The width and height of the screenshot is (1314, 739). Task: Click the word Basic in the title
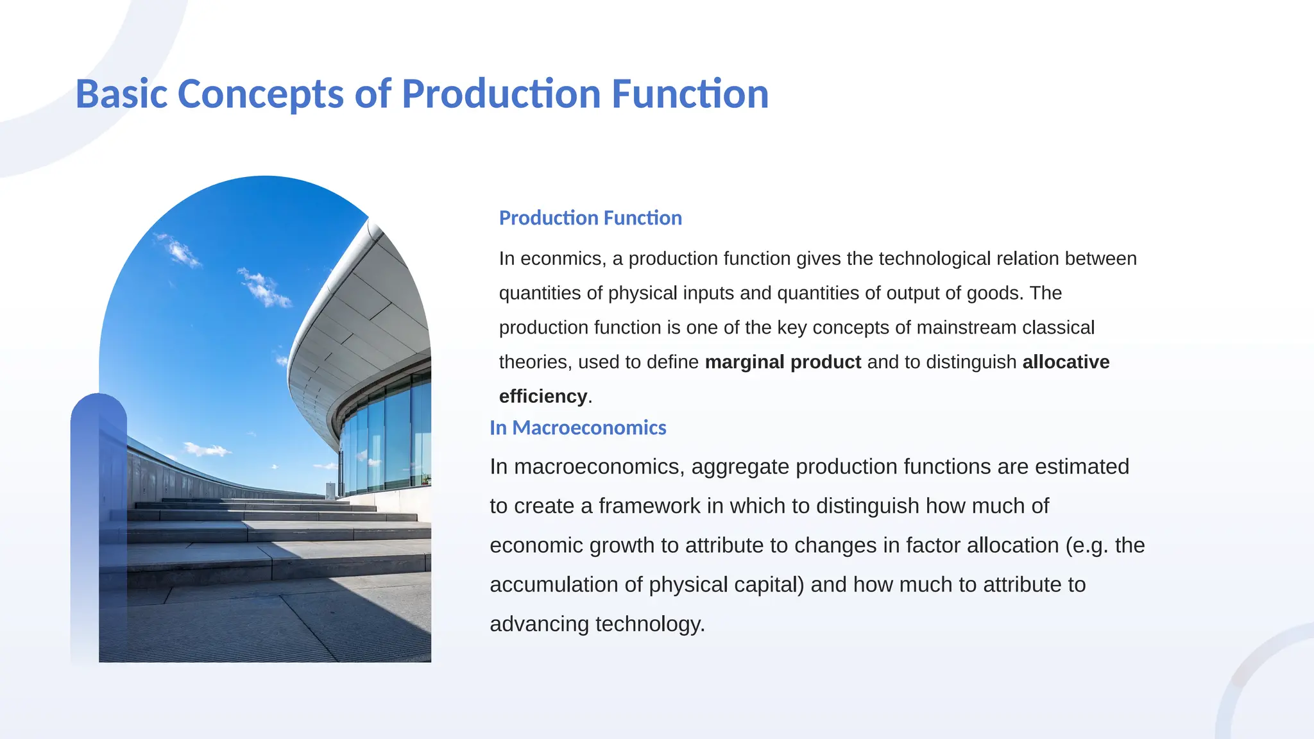[121, 94]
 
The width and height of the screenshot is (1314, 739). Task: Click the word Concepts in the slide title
[260, 94]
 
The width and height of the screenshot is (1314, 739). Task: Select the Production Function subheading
[590, 218]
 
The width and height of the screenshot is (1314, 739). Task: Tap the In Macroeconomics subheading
[577, 428]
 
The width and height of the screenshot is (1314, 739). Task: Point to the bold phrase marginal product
[782, 362]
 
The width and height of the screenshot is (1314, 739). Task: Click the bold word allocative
[1065, 362]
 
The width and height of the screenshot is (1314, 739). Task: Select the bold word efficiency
[543, 396]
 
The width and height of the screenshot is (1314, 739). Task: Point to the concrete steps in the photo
[269, 532]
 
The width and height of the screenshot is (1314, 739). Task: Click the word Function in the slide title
[690, 94]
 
